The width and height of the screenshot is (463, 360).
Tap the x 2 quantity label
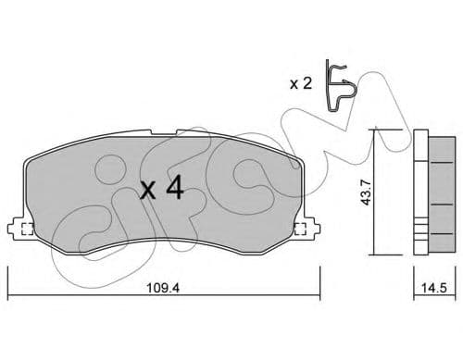click(300, 84)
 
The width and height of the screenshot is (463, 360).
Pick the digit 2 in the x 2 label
click(307, 84)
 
